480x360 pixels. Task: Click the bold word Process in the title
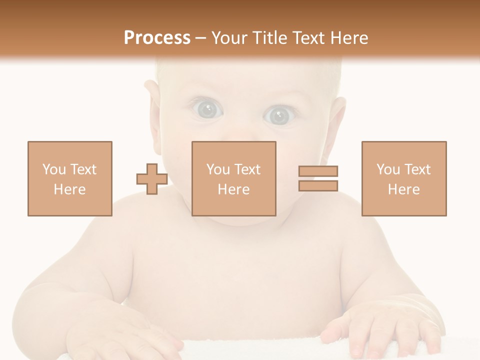[x=157, y=38]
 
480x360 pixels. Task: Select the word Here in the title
[x=348, y=38]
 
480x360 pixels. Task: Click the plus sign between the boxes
[x=152, y=179]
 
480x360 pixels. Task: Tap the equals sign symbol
[x=318, y=179]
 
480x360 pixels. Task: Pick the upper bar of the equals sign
[x=318, y=171]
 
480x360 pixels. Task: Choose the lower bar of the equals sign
[x=318, y=186]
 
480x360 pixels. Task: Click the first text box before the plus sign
[x=69, y=178]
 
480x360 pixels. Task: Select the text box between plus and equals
[x=233, y=178]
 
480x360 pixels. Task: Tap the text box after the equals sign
[x=403, y=178]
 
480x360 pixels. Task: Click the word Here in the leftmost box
[x=69, y=189]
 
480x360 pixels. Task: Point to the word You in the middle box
[x=218, y=169]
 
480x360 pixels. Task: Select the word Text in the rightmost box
[x=417, y=169]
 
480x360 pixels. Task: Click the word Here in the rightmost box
[x=403, y=189]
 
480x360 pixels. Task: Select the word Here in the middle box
[x=233, y=189]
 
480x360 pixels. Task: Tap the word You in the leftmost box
[x=54, y=169]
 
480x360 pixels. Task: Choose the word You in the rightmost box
[x=388, y=169]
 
